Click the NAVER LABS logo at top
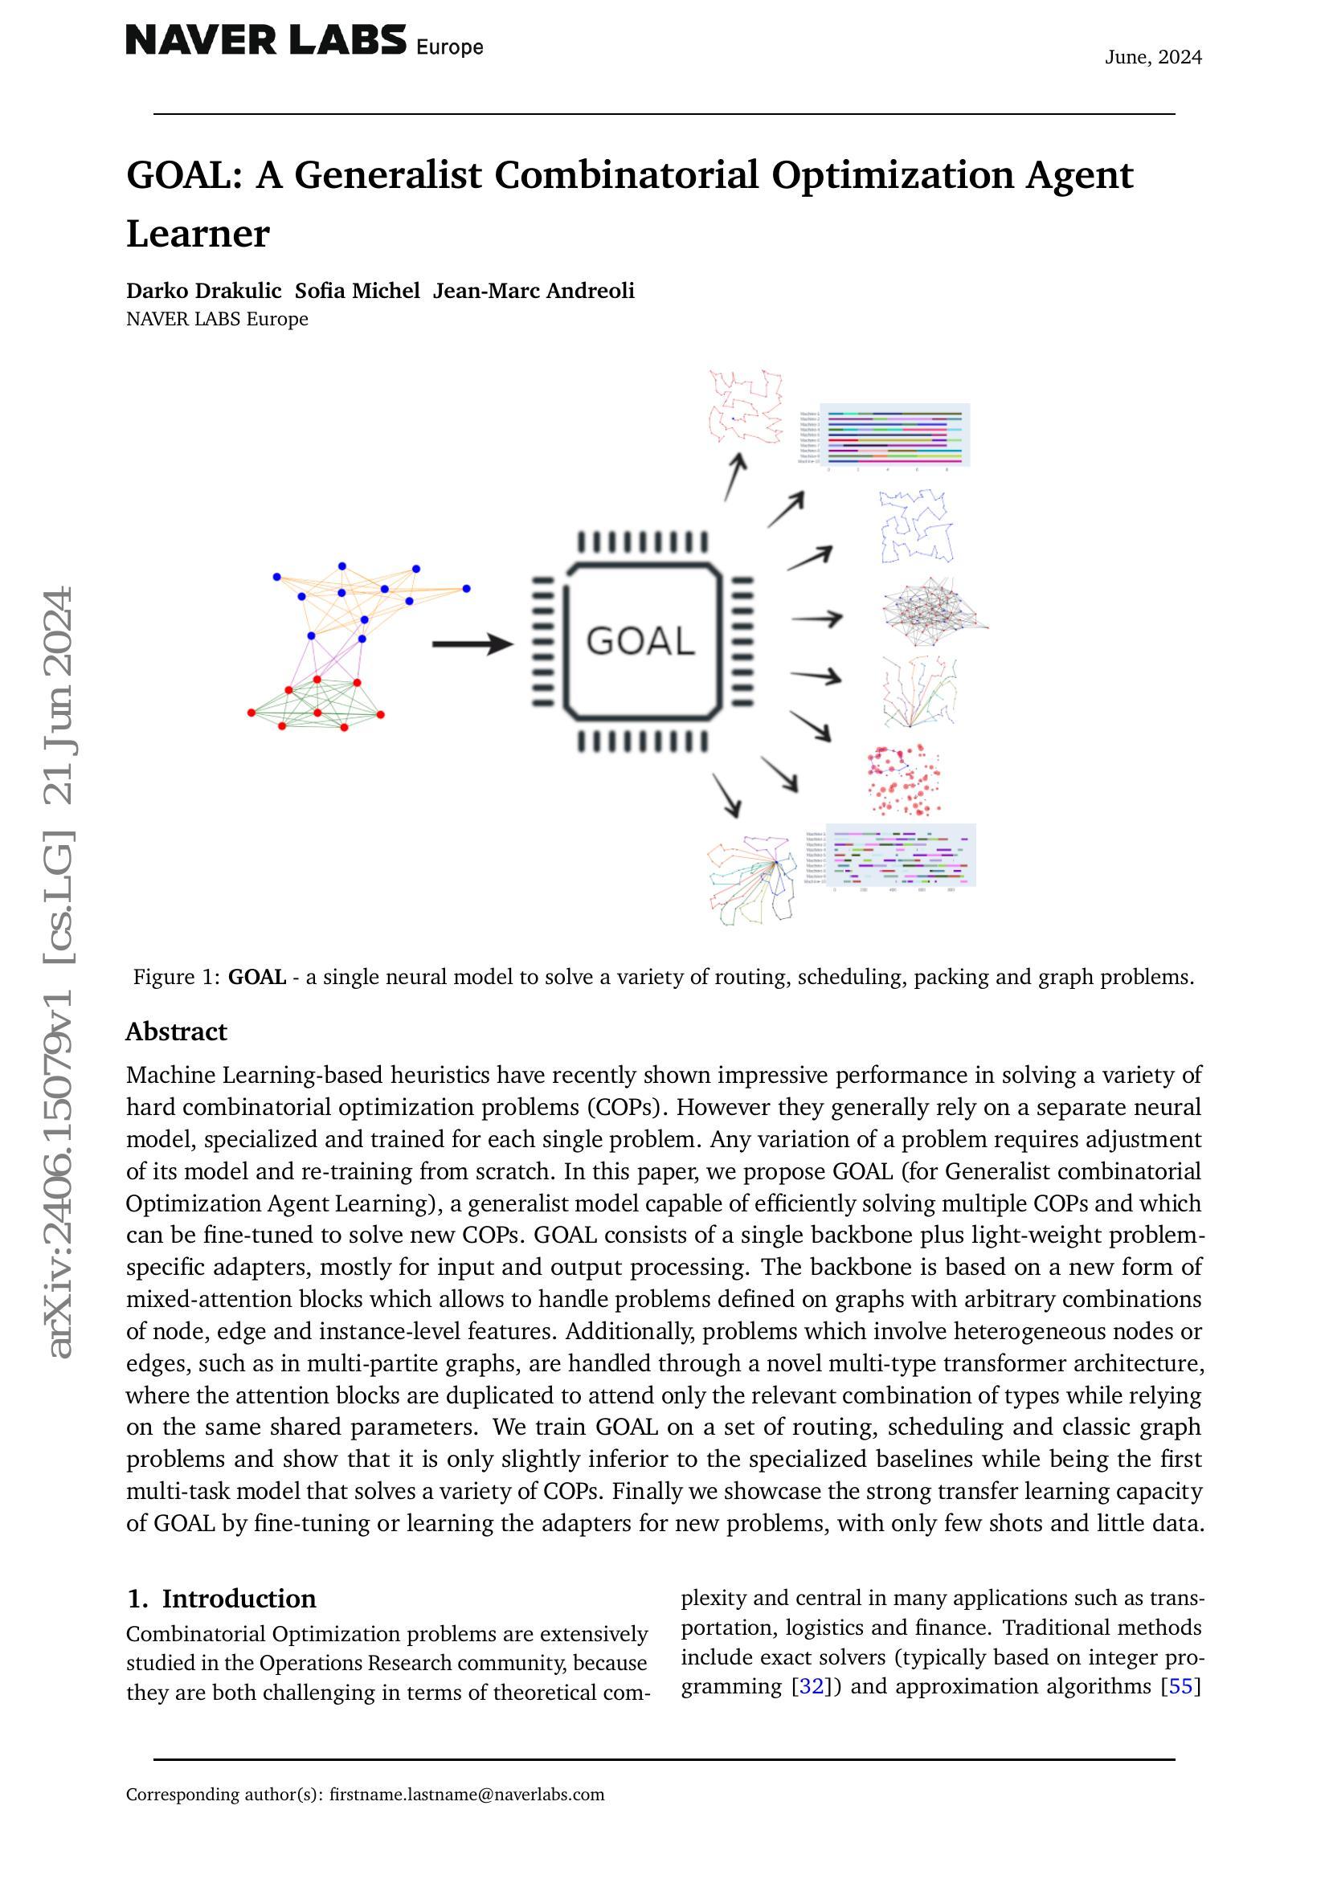265,40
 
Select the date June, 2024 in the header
1153,57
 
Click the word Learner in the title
197,234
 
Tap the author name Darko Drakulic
203,292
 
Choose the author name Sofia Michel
357,292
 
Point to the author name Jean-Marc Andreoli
534,292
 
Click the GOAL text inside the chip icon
640,641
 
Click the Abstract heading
176,1032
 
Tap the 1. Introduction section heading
222,1599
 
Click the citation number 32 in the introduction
810,1686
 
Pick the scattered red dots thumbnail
903,780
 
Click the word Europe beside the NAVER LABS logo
449,47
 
